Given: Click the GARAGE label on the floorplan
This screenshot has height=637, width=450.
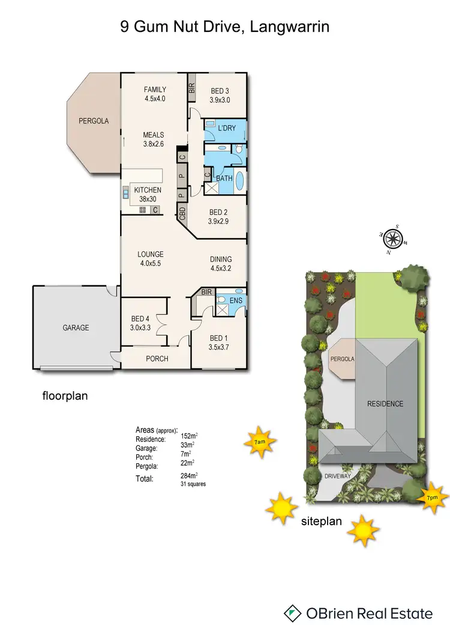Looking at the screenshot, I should [x=76, y=328].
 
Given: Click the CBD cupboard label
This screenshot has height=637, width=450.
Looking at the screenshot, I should [x=182, y=213].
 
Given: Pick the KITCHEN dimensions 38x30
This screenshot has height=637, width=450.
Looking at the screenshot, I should [x=148, y=199].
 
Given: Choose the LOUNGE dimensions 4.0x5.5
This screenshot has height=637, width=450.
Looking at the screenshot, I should [x=150, y=263].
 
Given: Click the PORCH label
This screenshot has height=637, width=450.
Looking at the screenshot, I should [x=157, y=359].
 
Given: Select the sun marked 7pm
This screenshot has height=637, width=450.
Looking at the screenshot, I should [x=432, y=498].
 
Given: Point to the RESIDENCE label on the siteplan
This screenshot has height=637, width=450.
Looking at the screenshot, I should [x=385, y=404].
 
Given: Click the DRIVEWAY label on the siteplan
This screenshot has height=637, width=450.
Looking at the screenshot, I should [x=338, y=476].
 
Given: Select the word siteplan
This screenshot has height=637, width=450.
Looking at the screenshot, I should [x=321, y=521].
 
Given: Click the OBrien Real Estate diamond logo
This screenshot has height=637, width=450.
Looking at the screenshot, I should [x=292, y=613].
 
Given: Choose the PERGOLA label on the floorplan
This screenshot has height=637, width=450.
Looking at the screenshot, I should [x=94, y=121].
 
